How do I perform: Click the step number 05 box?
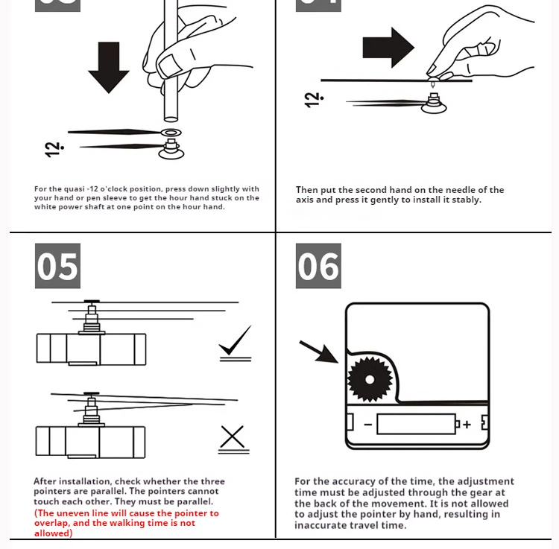(57, 266)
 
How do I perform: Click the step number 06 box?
(318, 266)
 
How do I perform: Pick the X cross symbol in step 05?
(233, 437)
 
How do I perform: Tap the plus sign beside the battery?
(467, 425)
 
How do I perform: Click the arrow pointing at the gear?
(318, 352)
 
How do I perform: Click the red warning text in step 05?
(126, 523)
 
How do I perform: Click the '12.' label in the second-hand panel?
(313, 99)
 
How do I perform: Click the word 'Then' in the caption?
(308, 190)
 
